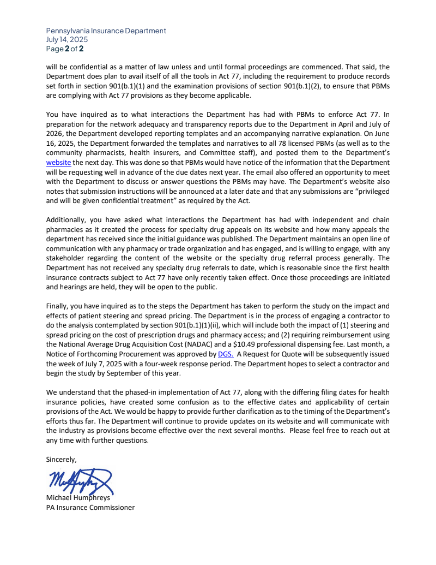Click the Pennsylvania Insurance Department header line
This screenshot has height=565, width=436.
tap(106, 31)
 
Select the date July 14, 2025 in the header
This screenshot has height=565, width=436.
tap(67, 39)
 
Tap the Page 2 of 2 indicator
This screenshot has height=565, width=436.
tap(65, 49)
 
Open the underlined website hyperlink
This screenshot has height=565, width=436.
tap(59, 162)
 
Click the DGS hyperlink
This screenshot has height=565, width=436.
tap(225, 354)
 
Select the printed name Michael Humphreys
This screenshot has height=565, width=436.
tap(78, 498)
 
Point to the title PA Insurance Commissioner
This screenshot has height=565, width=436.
tap(90, 507)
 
